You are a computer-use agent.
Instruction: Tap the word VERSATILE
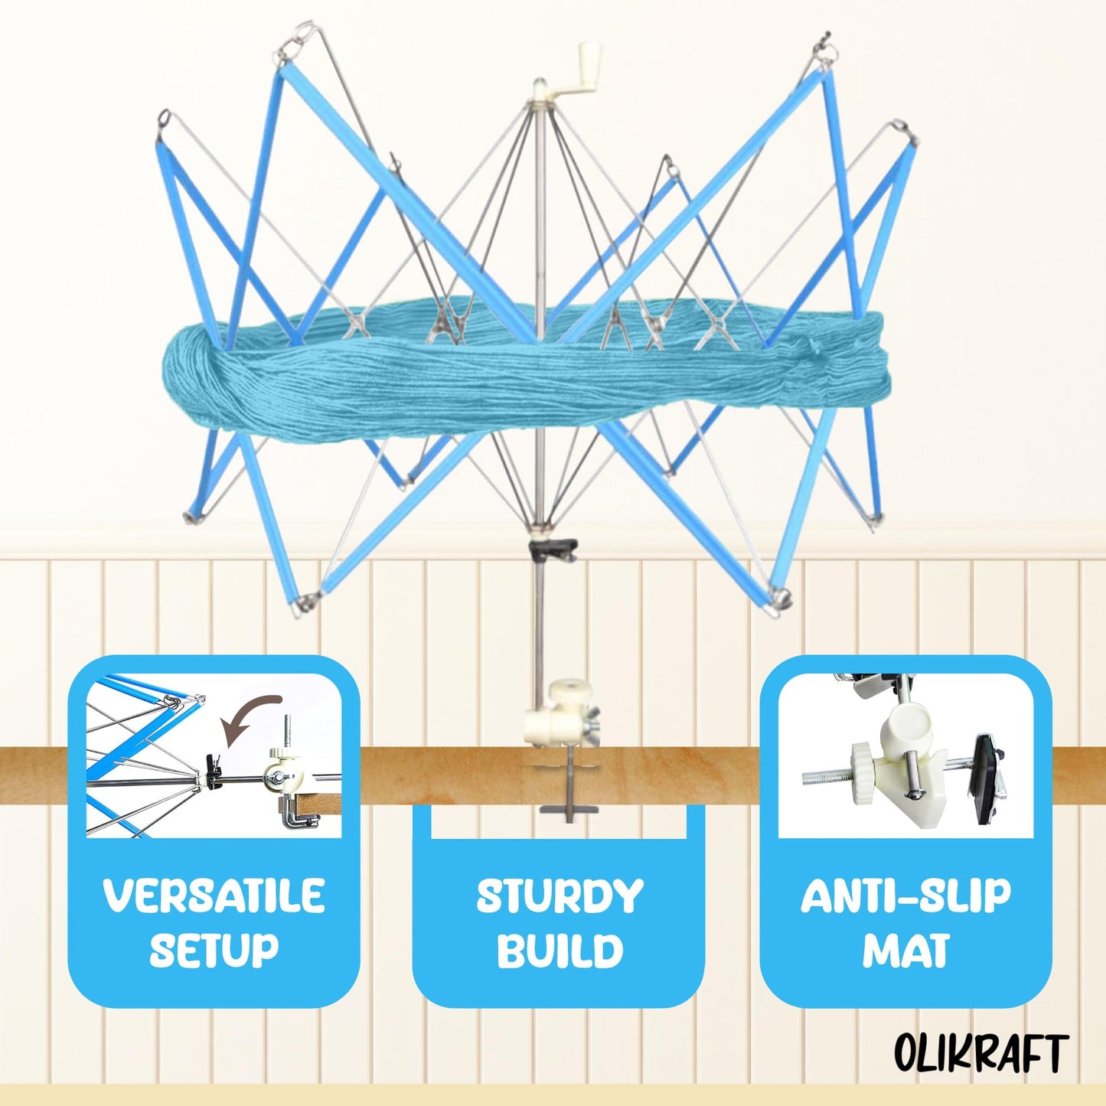214,896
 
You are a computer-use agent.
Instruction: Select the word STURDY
560,896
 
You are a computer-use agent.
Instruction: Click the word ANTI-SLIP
905,896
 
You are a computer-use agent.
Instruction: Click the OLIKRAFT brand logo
981,1052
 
